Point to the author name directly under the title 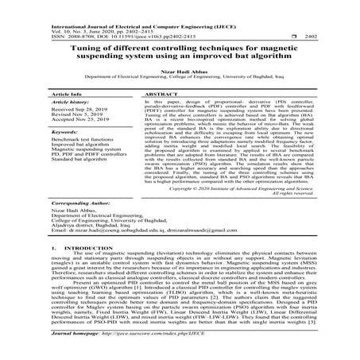pos(180,72)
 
